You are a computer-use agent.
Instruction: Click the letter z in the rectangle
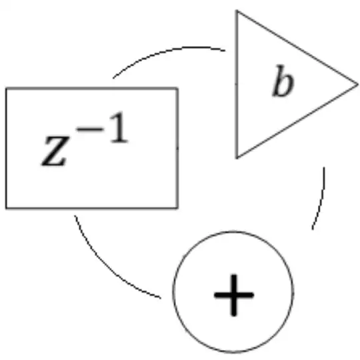pos(55,151)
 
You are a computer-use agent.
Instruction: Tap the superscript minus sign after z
pos(90,129)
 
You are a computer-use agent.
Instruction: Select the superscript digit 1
pos(118,127)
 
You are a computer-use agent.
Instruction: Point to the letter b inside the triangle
pos(283,81)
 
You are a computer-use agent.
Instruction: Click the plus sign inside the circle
pos(234,295)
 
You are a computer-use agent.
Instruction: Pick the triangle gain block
pos(275,85)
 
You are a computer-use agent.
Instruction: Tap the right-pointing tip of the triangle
pos(358,85)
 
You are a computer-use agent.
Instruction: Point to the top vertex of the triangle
pos(237,11)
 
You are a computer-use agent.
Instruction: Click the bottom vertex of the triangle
pos(237,158)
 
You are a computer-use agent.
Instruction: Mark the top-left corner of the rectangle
pos(7,88)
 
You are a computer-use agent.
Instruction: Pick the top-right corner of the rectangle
pos(177,88)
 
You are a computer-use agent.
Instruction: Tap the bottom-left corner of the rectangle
pos(7,208)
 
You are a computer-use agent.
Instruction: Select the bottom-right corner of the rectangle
pos(177,208)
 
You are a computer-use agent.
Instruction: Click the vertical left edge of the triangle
pos(237,85)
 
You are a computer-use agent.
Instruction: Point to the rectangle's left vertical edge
pos(7,148)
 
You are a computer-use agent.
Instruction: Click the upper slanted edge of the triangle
pos(297,47)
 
